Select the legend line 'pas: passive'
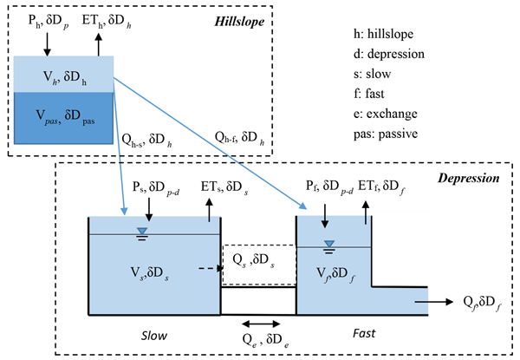pyautogui.click(x=380, y=134)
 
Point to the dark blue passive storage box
pyautogui.click(x=63, y=118)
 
